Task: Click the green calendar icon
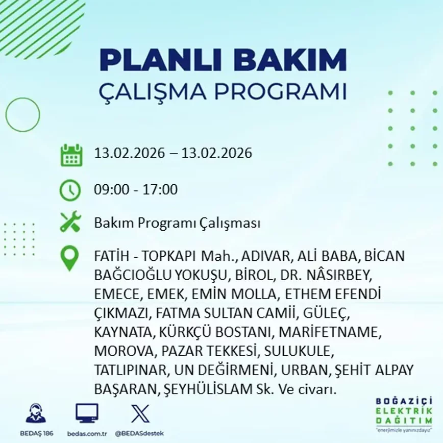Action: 71,155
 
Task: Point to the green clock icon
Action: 70,190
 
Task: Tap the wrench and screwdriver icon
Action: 70,222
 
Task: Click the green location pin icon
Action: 69,258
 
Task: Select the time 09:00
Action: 112,189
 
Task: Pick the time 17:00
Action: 160,189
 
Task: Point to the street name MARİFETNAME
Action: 330,332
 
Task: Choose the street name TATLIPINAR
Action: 131,370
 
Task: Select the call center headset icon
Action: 36,413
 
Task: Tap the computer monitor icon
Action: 87,413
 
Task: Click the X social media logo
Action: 140,413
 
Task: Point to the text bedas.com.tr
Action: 87,433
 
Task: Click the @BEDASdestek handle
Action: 139,433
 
